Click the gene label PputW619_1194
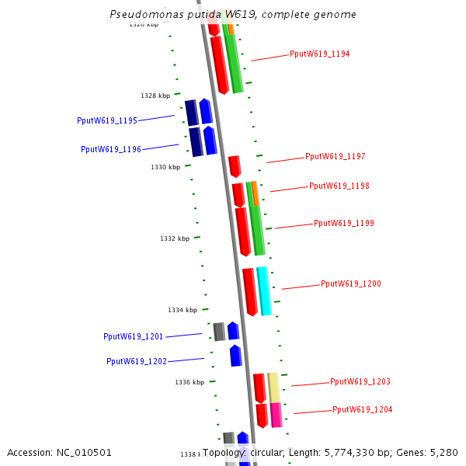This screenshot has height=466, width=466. [x=319, y=54]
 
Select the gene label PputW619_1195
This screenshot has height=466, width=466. [x=107, y=120]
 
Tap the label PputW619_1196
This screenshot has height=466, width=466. [x=111, y=149]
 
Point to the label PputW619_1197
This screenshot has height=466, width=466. [x=335, y=157]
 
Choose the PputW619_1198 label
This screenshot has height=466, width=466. [x=339, y=186]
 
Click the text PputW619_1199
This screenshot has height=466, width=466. [x=343, y=224]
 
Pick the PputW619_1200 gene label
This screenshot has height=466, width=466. [x=350, y=284]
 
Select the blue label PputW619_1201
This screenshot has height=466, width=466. [x=134, y=336]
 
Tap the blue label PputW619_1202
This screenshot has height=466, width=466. [x=137, y=361]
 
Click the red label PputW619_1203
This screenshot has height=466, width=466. [x=360, y=382]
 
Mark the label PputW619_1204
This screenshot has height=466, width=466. [x=362, y=410]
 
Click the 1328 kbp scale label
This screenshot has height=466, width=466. [x=155, y=96]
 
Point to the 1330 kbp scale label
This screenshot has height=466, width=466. [x=165, y=167]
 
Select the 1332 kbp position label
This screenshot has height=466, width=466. [x=175, y=238]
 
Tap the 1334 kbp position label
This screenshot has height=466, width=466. [x=183, y=310]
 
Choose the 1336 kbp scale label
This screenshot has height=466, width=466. [x=190, y=382]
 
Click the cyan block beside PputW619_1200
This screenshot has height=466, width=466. [x=264, y=291]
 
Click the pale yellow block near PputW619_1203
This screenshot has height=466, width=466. [x=274, y=387]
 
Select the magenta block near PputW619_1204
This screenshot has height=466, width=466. [x=276, y=415]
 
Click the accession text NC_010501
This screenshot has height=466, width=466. [x=59, y=452]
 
